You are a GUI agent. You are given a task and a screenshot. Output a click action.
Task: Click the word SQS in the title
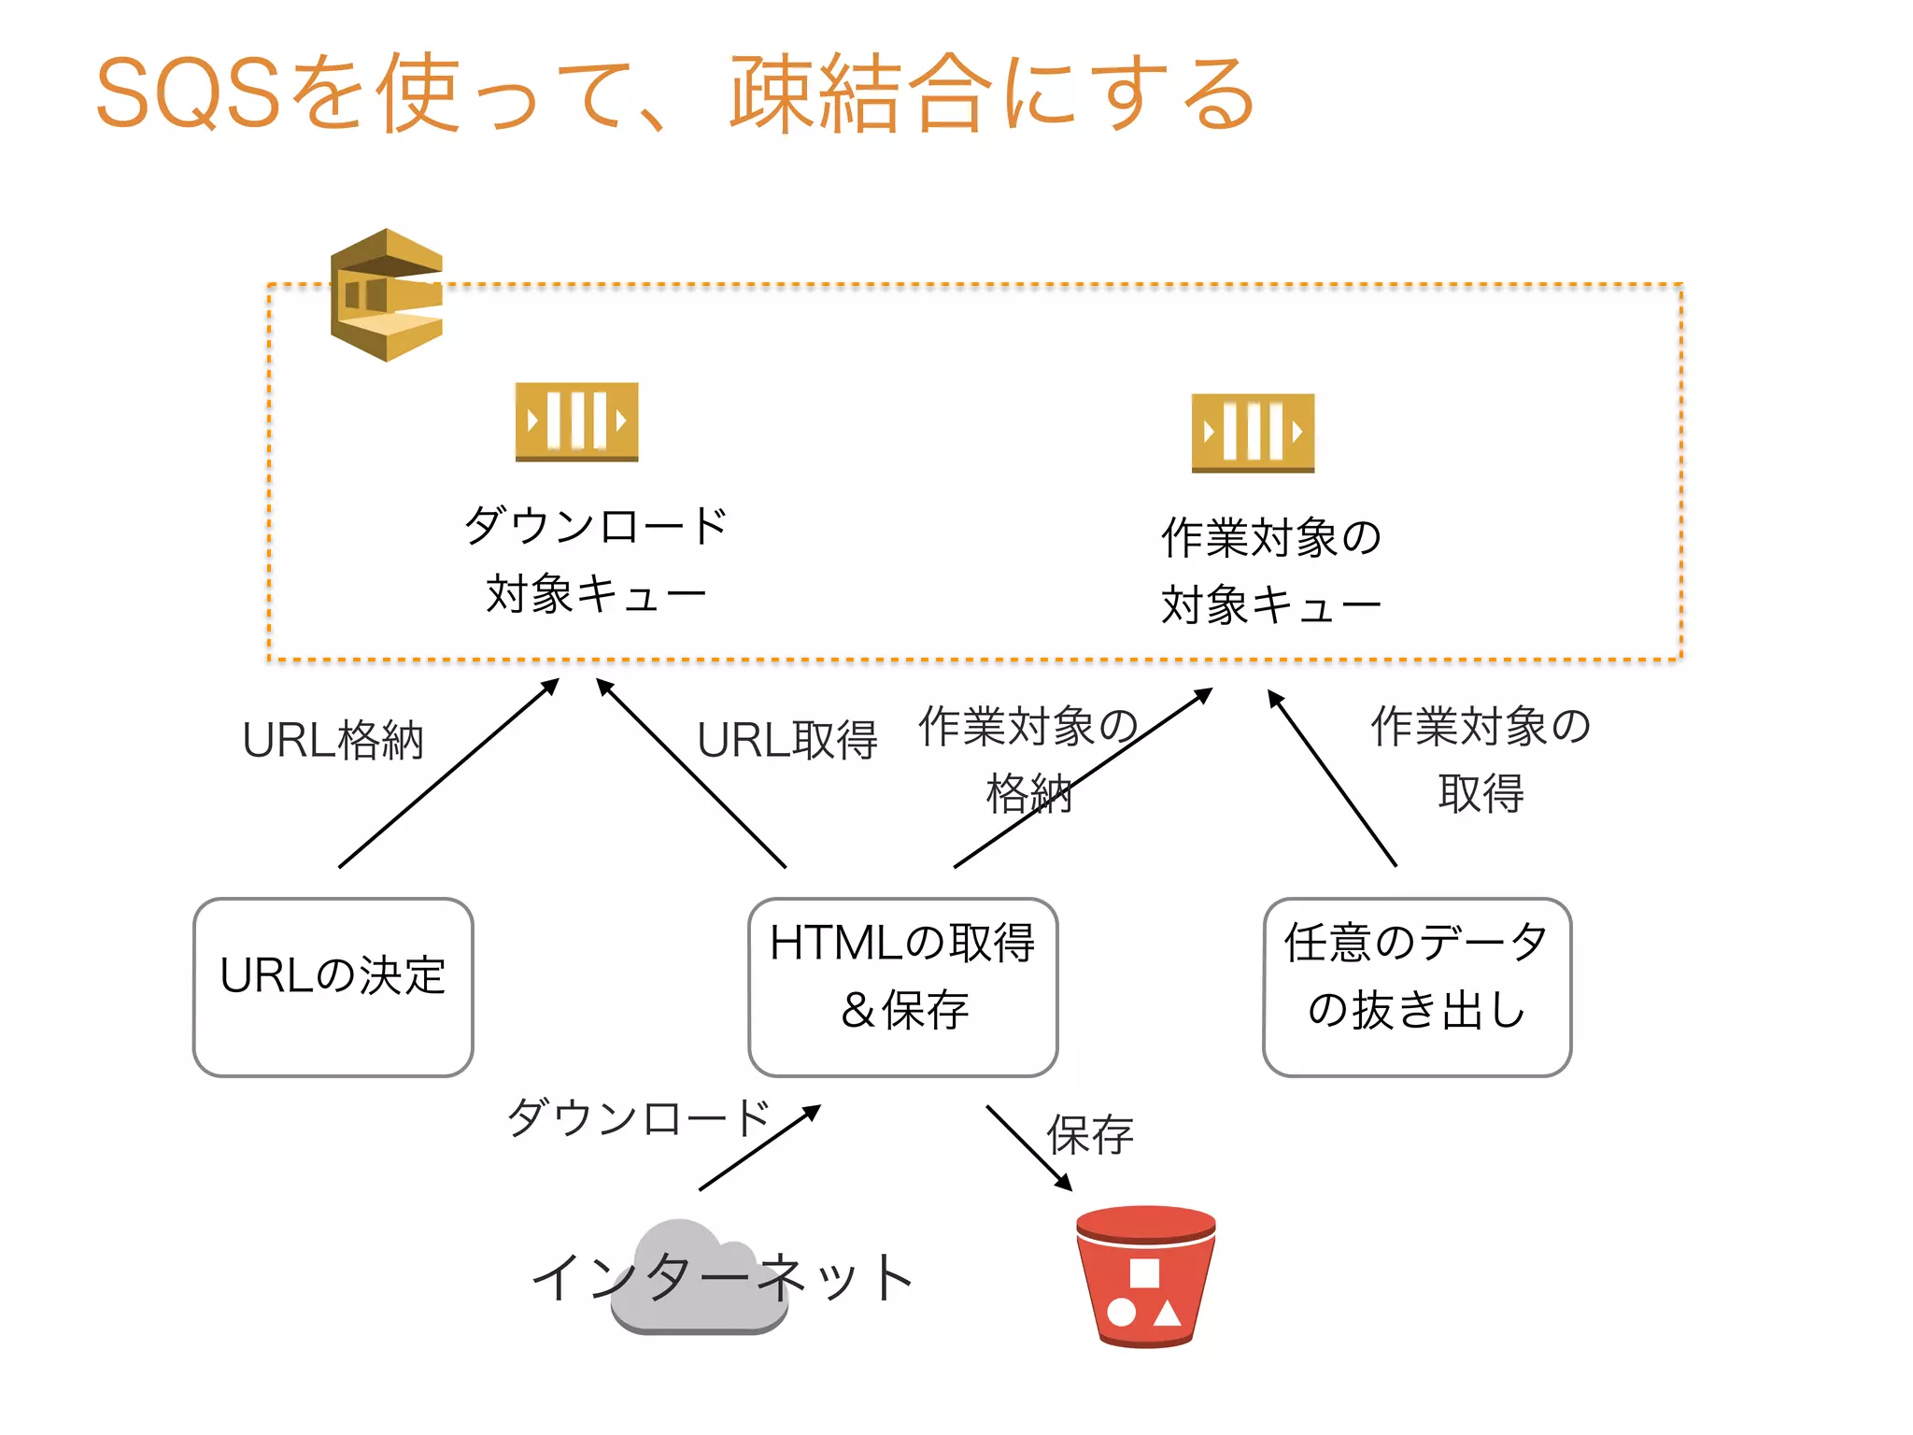(x=187, y=93)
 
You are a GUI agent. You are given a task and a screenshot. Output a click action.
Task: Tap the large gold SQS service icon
(x=386, y=295)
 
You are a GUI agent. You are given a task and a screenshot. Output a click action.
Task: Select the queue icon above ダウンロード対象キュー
(x=576, y=421)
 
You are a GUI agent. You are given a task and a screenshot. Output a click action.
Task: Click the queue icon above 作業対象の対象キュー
(x=1252, y=433)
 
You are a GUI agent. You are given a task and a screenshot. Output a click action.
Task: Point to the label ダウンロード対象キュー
(x=595, y=559)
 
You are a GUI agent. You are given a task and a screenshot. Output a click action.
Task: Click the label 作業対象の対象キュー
(x=1270, y=571)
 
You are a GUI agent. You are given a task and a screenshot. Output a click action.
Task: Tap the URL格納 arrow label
(x=333, y=741)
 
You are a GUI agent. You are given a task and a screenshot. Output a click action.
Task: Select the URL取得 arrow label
(x=786, y=741)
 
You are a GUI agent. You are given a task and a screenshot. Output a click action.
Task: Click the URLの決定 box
(x=333, y=987)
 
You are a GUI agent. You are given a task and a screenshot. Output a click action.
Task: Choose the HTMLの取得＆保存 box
(x=902, y=987)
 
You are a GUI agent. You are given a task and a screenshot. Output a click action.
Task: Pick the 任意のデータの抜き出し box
(x=1416, y=987)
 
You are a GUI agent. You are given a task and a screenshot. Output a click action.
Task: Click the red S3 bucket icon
(x=1145, y=1276)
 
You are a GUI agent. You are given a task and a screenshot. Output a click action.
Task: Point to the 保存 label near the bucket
(x=1089, y=1136)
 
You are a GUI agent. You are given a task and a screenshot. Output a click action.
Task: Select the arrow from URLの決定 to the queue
(x=448, y=774)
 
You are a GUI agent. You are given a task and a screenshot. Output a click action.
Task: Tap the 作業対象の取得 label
(x=1481, y=760)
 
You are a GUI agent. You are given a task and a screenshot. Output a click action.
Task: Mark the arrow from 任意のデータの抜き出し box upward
(x=1332, y=777)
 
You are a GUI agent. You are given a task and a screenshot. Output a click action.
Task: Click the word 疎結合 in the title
(x=859, y=93)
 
